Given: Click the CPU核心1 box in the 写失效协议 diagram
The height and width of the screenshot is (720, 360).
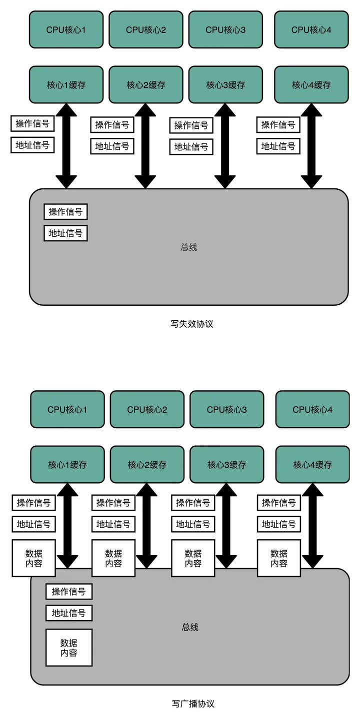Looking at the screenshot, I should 66,30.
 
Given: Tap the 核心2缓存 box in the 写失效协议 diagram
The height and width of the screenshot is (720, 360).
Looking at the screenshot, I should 146,85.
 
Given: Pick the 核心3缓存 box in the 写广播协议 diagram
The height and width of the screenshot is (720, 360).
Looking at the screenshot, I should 227,465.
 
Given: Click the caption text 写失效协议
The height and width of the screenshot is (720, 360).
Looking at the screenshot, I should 192,324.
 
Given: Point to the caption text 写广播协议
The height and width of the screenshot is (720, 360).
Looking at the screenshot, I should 193,704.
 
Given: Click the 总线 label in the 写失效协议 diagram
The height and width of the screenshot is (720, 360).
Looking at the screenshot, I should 189,247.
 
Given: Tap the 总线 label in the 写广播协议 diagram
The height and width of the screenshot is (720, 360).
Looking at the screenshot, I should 190,627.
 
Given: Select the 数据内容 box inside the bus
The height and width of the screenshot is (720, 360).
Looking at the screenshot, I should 69,648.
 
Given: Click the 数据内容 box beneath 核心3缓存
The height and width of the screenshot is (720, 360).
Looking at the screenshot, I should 193,558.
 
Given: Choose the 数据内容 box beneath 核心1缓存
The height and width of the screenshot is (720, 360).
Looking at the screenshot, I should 33,558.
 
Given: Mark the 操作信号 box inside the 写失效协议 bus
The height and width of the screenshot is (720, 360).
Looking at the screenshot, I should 65,212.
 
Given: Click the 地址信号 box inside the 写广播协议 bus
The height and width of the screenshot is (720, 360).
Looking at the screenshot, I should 69,613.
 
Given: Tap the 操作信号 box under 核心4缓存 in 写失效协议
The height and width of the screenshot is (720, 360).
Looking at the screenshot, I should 278,125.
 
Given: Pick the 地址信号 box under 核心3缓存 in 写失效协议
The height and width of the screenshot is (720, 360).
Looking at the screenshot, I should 191,147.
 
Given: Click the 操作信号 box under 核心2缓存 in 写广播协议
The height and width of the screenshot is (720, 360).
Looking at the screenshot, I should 113,503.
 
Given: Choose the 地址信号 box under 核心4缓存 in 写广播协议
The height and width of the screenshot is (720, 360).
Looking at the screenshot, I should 279,524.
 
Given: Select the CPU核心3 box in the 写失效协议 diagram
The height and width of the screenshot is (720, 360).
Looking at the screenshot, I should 225,30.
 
